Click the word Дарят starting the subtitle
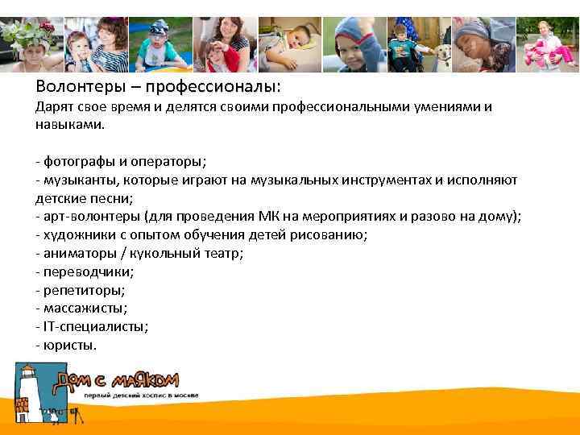coord(54,107)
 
